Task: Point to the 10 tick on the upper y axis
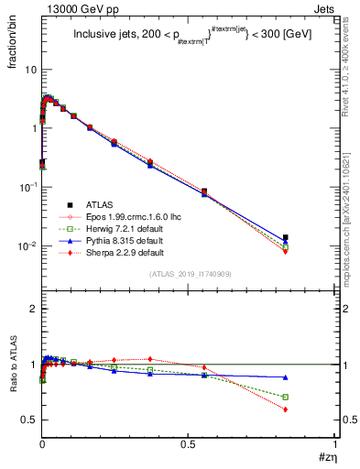29,70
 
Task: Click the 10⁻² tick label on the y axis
27,246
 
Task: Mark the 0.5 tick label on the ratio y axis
28,420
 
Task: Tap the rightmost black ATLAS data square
286,237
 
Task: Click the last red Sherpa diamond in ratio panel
286,409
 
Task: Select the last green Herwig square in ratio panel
286,397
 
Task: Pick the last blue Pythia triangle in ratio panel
286,376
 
